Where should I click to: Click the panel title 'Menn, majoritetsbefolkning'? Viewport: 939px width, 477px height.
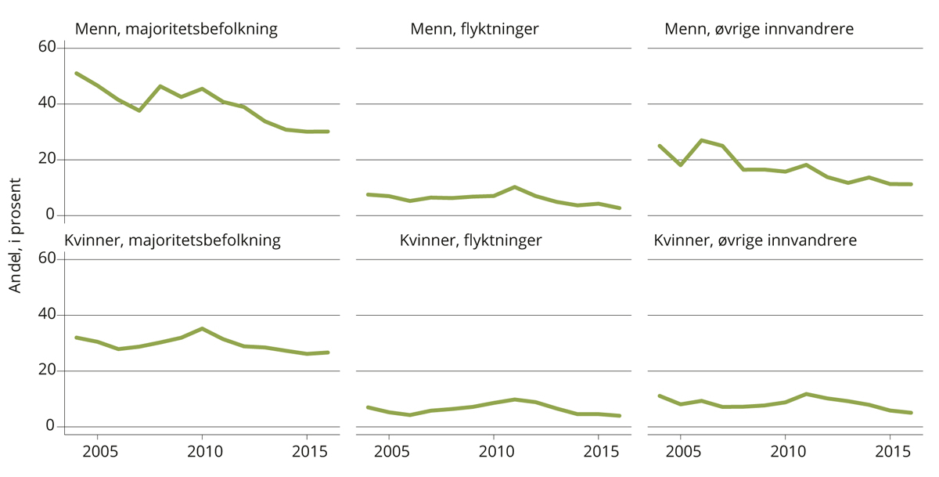(x=176, y=30)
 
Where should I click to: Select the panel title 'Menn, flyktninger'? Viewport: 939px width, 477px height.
(x=474, y=30)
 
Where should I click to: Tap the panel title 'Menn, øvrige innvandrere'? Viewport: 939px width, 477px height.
(x=758, y=30)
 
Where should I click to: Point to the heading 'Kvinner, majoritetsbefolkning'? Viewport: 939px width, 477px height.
(x=172, y=240)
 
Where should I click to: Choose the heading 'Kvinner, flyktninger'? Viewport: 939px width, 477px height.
(x=470, y=240)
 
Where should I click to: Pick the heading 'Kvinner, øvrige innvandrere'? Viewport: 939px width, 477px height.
(x=755, y=240)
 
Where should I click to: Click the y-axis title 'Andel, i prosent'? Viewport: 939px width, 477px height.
(x=16, y=235)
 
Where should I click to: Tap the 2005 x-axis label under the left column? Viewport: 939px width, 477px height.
(x=97, y=452)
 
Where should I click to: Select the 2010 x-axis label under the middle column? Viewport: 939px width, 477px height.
(x=493, y=452)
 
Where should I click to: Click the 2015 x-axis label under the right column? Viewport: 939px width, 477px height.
(x=890, y=452)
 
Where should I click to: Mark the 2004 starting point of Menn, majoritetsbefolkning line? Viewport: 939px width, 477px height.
(x=76, y=73)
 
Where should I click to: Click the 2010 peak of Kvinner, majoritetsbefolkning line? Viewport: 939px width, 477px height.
(x=202, y=328)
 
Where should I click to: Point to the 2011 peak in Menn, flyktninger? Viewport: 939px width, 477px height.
(x=514, y=187)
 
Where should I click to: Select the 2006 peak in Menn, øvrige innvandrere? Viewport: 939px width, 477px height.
(x=702, y=140)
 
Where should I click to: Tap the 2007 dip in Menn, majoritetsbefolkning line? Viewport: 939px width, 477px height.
(x=139, y=110)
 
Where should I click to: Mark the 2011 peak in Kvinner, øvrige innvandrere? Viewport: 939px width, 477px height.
(x=806, y=394)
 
